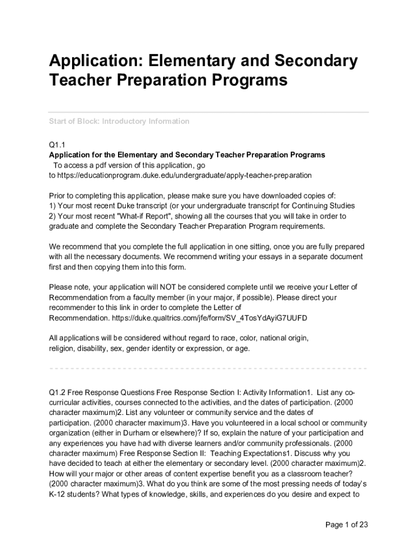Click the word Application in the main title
92,62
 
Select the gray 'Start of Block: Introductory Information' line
119,121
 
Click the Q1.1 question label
57,145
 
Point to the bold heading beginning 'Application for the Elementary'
187,155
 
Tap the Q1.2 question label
57,392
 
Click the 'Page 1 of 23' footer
347,525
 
